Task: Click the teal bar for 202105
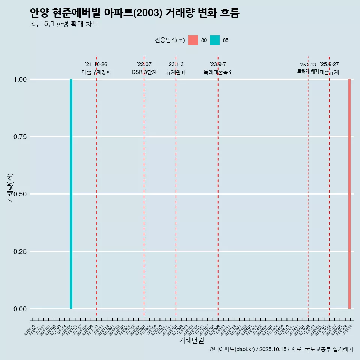pyautogui.click(x=71, y=194)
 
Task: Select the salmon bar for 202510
pyautogui.click(x=349, y=194)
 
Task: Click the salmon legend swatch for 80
pyautogui.click(x=193, y=40)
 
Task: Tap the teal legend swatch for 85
pyautogui.click(x=215, y=40)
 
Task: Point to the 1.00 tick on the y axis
pyautogui.click(x=20, y=79)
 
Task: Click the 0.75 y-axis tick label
pyautogui.click(x=20, y=137)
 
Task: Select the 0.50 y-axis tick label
pyautogui.click(x=20, y=194)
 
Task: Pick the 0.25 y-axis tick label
pyautogui.click(x=20, y=252)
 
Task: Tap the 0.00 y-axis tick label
pyautogui.click(x=20, y=309)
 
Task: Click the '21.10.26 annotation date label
pyautogui.click(x=96, y=64)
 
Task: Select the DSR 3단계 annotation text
pyautogui.click(x=144, y=72)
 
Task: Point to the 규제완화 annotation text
pyautogui.click(x=175, y=72)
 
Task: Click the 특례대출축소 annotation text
pyautogui.click(x=218, y=72)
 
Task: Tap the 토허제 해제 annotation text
pyautogui.click(x=308, y=71)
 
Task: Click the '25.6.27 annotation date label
pyautogui.click(x=329, y=64)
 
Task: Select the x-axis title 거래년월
pyautogui.click(x=191, y=340)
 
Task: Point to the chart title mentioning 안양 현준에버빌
pyautogui.click(x=134, y=13)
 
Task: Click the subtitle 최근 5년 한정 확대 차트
pyautogui.click(x=64, y=24)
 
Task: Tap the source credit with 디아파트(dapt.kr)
pyautogui.click(x=281, y=349)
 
